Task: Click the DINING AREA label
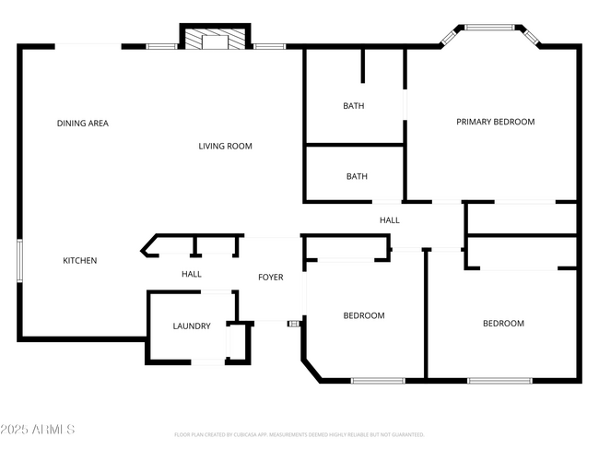coord(83,123)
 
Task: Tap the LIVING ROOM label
coord(225,146)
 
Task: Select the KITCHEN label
coord(79,261)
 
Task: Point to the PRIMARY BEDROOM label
coord(496,122)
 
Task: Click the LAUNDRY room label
coord(192,326)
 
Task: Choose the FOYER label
coord(270,278)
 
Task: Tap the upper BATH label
coord(354,106)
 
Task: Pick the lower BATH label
coord(357,176)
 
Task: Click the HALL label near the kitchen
coord(192,274)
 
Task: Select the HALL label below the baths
coord(390,220)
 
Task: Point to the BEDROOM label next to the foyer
coord(364,316)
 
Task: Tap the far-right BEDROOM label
coord(504,324)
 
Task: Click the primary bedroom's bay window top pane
coord(490,28)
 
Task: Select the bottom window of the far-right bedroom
coord(499,380)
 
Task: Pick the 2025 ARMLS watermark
coord(38,430)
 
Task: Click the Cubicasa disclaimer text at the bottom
coord(299,434)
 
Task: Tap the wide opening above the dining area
coord(88,45)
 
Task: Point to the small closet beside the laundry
coord(240,341)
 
